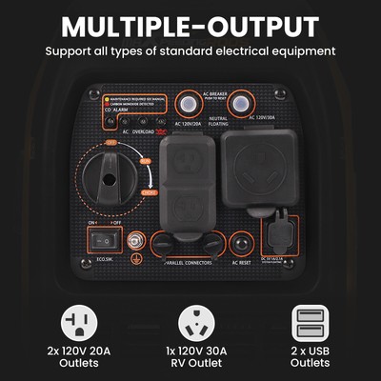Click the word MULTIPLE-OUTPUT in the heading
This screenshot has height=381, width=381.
(190, 25)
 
